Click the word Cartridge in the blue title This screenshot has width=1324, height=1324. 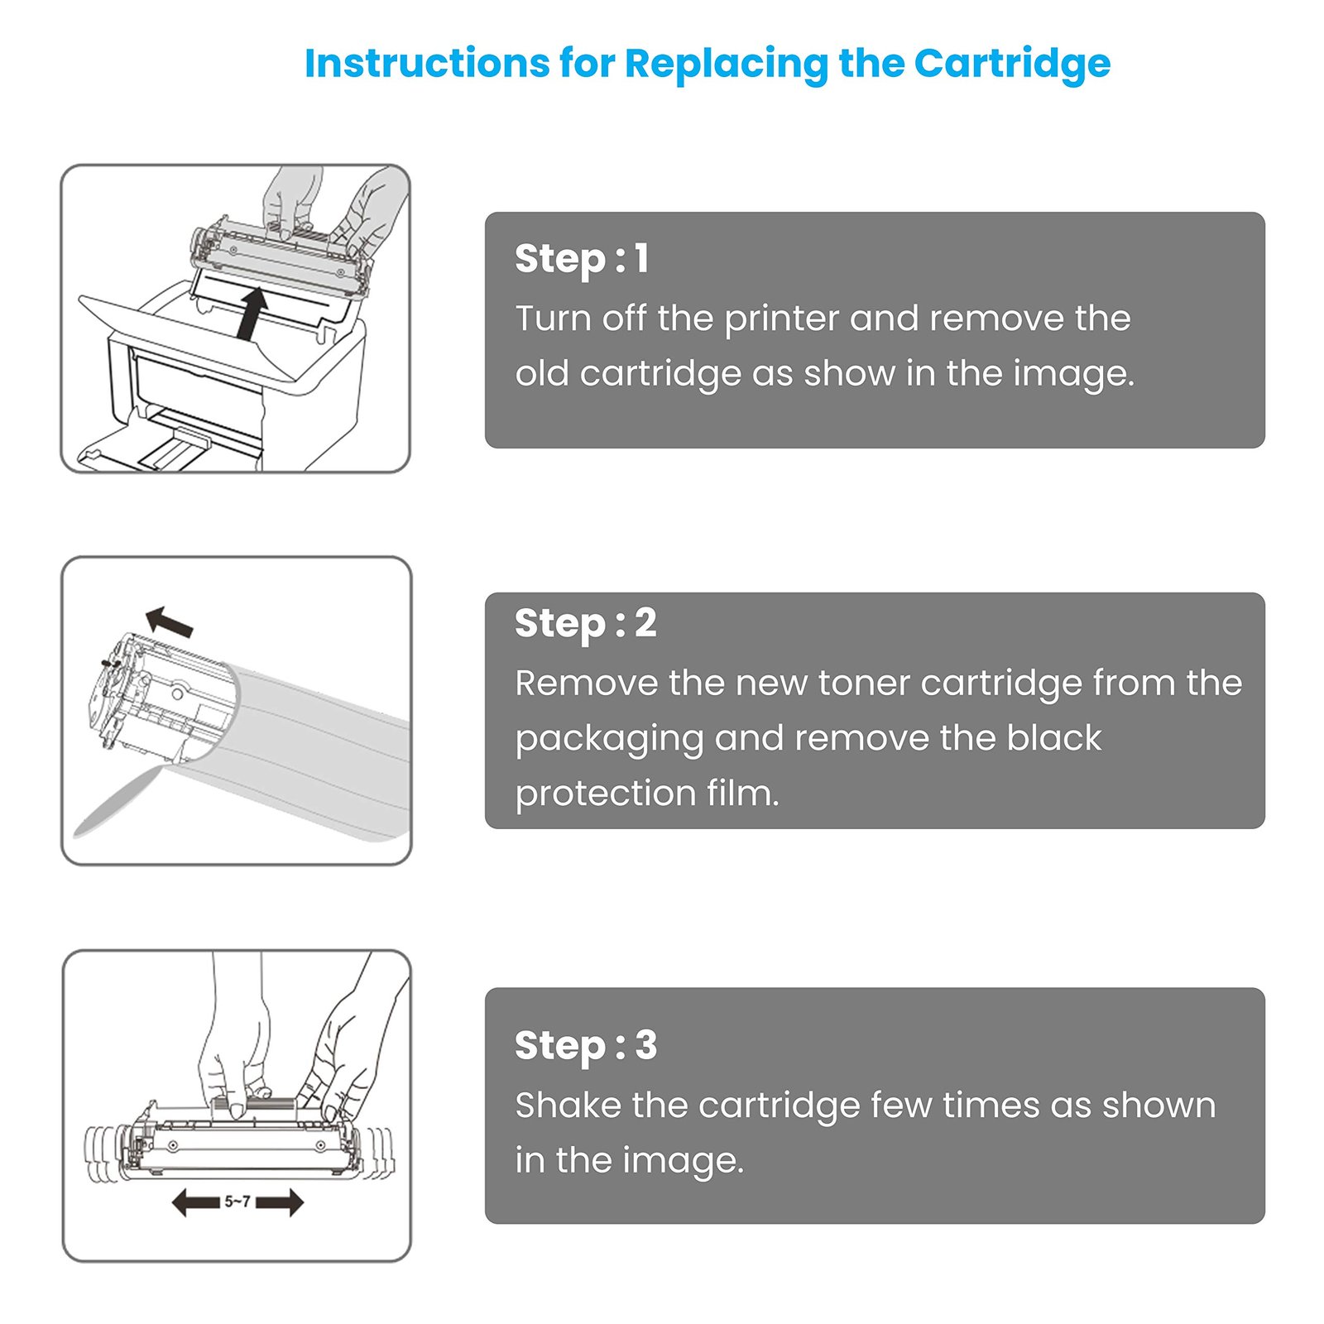pyautogui.click(x=1011, y=64)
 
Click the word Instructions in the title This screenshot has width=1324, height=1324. pyautogui.click(x=426, y=64)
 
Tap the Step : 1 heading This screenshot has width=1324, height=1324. pyautogui.click(x=582, y=258)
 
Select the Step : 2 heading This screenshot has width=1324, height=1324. pyautogui.click(x=585, y=623)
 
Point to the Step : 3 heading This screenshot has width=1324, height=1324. pyautogui.click(x=585, y=1045)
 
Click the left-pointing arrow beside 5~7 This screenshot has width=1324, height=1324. pyautogui.click(x=195, y=1202)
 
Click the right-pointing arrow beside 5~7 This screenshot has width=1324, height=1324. pyautogui.click(x=280, y=1202)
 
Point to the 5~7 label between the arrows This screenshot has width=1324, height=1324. pyautogui.click(x=237, y=1202)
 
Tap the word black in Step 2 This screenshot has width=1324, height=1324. pyautogui.click(x=1053, y=738)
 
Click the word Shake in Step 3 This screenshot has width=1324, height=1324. pyautogui.click(x=568, y=1106)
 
